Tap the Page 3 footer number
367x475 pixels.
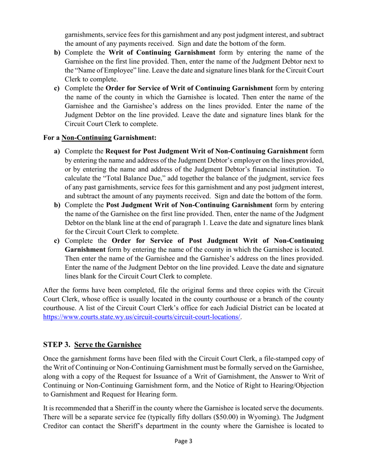point(183,441)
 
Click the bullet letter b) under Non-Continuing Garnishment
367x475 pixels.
point(57,205)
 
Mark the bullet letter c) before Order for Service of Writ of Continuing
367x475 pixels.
point(57,88)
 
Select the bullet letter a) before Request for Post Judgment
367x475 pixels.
point(57,151)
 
